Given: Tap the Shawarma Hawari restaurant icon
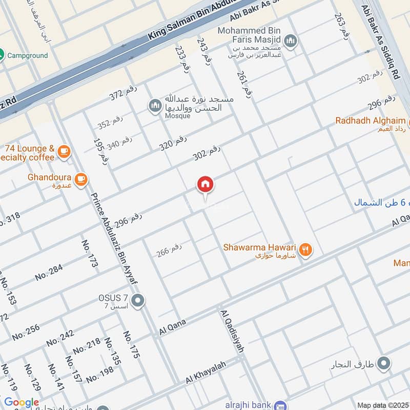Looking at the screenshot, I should tap(306, 250).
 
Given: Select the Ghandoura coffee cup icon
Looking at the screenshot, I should tap(80, 179).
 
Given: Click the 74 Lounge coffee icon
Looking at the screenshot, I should tap(64, 151).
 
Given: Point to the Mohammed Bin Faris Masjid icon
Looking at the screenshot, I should tap(291, 41).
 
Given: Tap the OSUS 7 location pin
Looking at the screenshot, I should tap(137, 301).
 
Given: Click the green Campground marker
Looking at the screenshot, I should tap(2, 55).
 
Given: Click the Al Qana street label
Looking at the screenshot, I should tap(172, 326).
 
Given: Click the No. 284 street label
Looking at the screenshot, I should tap(49, 272).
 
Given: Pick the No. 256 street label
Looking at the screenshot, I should tap(26, 332).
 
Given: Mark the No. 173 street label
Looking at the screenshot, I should tap(89, 253).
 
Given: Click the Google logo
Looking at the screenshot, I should tap(22, 403).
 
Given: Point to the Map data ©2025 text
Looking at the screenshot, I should tap(383, 405).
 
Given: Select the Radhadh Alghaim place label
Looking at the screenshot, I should tap(370, 121).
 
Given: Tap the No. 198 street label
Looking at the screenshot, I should tap(99, 375).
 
